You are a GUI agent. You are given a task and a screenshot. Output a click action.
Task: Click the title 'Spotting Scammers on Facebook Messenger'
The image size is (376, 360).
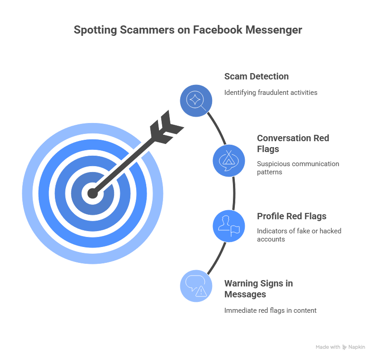point(188,30)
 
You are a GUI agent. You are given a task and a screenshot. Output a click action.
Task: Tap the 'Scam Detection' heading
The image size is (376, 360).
point(256,76)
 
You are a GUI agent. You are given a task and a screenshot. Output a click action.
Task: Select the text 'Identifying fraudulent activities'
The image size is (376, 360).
point(271,92)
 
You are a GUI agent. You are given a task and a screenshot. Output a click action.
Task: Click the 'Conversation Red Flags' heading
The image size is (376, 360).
point(293,143)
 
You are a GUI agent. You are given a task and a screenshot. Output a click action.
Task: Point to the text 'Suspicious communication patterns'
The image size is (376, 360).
point(297,168)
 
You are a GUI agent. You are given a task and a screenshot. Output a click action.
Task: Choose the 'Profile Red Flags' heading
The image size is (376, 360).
point(292,216)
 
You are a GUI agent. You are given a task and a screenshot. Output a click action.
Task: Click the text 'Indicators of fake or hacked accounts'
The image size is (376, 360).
point(299,235)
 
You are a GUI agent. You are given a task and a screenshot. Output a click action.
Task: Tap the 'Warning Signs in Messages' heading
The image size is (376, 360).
point(258,289)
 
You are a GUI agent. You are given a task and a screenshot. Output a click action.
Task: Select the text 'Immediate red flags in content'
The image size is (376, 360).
point(270,311)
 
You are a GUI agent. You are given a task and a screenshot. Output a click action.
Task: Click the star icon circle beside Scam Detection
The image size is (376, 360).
point(196,100)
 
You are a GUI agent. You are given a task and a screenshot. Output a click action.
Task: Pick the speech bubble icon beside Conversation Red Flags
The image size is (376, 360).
point(229,161)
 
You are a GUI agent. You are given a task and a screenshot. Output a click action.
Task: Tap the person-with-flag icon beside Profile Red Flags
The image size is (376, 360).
point(229,226)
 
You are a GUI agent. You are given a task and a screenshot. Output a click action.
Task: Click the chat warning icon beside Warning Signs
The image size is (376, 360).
point(196,286)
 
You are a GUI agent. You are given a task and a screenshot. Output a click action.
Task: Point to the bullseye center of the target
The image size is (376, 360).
point(93,193)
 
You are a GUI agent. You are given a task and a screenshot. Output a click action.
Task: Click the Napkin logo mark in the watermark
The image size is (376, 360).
point(345,347)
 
